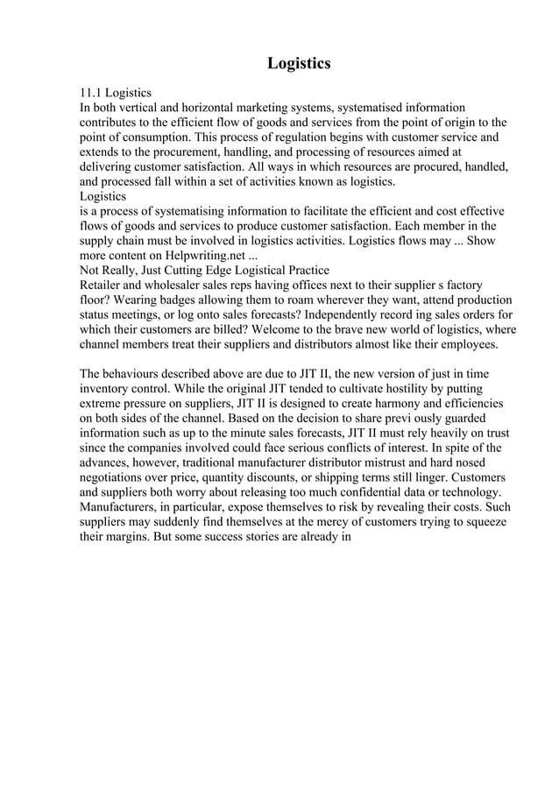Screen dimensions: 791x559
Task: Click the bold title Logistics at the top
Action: tap(298, 63)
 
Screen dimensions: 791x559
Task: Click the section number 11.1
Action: tap(91, 93)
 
